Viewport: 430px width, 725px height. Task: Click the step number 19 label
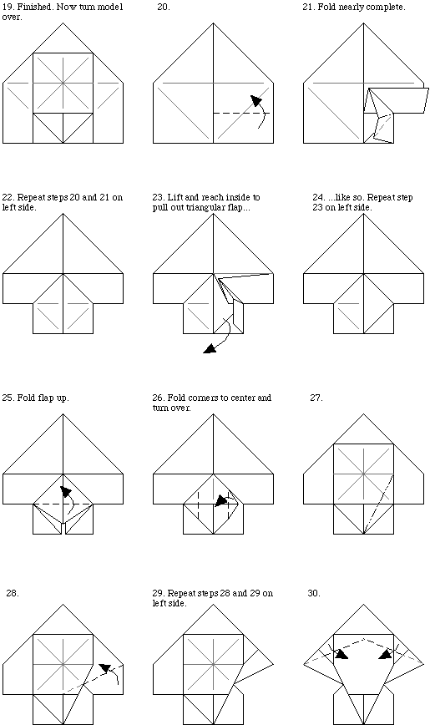click(x=8, y=8)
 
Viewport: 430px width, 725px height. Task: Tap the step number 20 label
click(x=163, y=8)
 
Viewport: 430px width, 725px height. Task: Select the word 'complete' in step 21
click(x=387, y=8)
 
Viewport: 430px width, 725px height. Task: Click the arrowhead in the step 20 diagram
click(x=256, y=100)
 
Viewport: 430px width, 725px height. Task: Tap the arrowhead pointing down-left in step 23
click(x=210, y=348)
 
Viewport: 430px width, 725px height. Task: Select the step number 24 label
click(x=319, y=197)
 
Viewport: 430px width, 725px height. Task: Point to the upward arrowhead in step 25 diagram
click(x=66, y=491)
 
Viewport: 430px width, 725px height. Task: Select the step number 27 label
click(x=316, y=398)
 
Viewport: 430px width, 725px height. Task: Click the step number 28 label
click(x=13, y=593)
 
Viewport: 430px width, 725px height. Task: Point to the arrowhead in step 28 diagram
click(x=105, y=668)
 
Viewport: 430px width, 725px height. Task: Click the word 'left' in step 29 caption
click(x=160, y=603)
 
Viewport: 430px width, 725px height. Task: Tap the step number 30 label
click(x=314, y=593)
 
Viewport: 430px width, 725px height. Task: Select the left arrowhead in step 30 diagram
click(x=341, y=654)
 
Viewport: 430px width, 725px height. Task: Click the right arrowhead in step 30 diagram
click(x=385, y=654)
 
